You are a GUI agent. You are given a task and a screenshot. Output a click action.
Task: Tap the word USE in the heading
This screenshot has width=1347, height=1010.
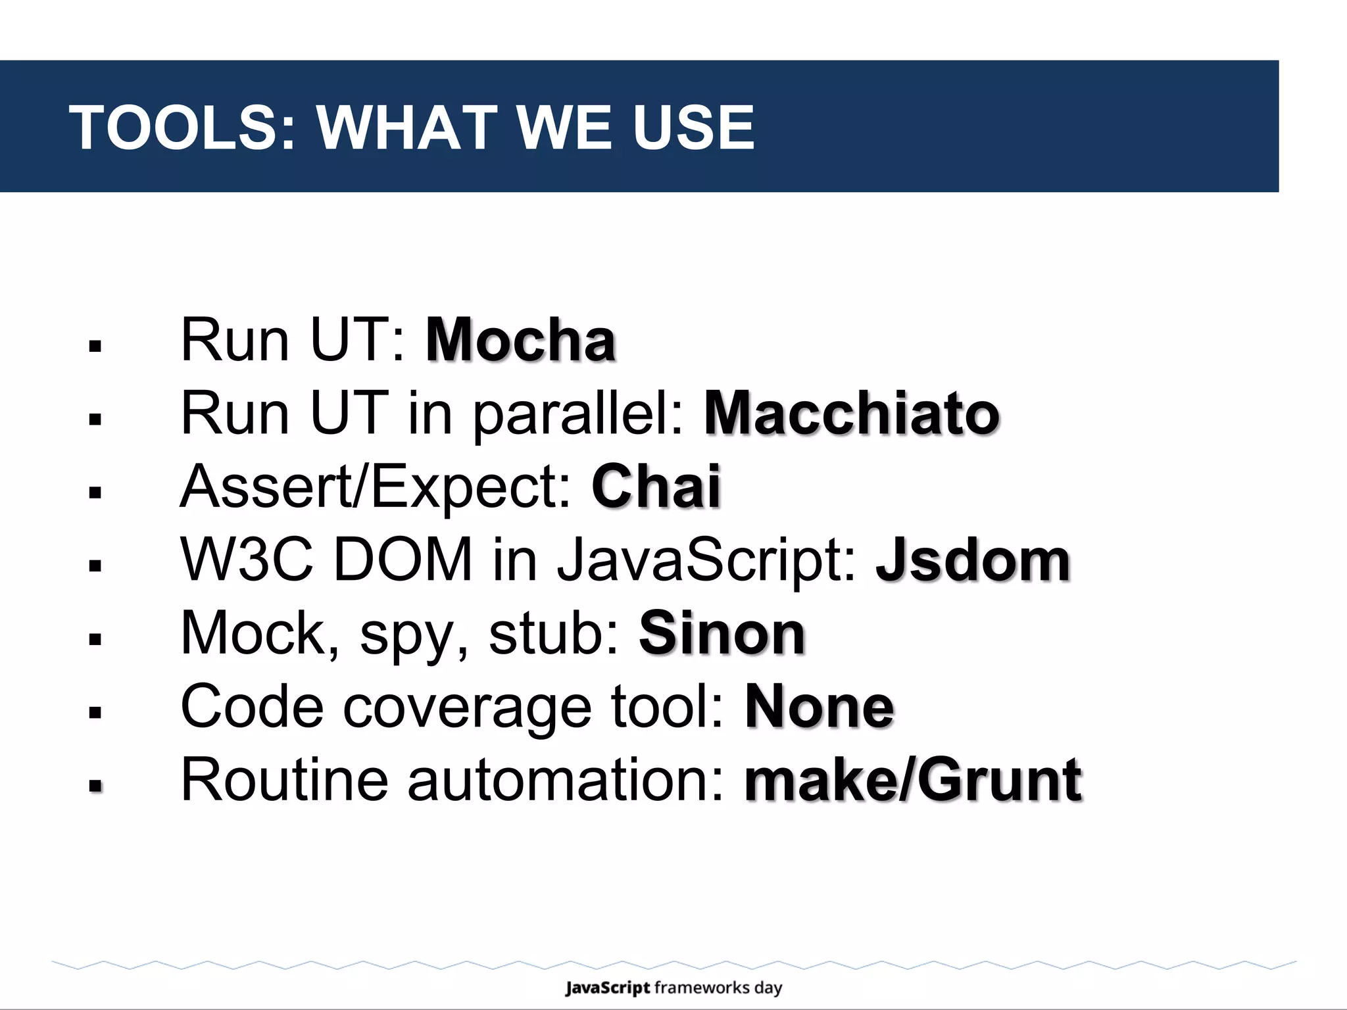(x=693, y=128)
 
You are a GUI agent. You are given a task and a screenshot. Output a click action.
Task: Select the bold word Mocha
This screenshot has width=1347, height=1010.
(x=520, y=340)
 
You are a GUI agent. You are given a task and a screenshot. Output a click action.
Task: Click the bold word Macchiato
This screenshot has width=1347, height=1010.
(x=852, y=414)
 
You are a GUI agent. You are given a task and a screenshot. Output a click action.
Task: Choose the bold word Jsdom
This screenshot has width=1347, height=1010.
(x=973, y=560)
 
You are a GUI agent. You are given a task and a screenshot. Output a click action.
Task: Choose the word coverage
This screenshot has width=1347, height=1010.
(x=468, y=708)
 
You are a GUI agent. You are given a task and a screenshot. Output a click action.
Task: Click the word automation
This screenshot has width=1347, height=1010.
(x=566, y=781)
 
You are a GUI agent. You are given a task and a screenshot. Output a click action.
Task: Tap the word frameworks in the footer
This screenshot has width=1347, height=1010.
(x=702, y=988)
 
